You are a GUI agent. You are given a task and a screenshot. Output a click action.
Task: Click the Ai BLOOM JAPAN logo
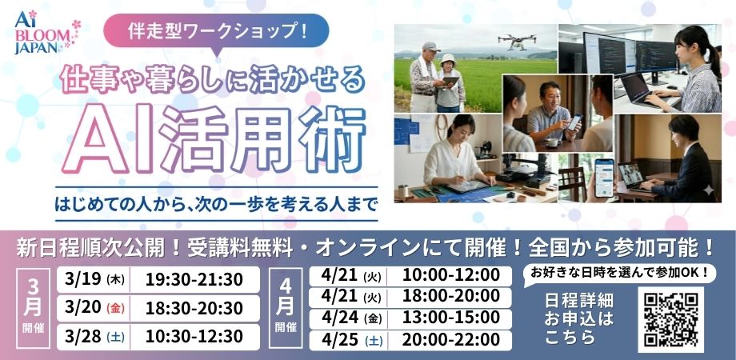pos(47,32)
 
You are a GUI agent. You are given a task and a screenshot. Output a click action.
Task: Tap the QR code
pos(670,320)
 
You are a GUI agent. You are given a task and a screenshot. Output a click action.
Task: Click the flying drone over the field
pos(518,42)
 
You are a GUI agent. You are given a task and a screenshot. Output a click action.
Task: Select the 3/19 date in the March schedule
pos(83,279)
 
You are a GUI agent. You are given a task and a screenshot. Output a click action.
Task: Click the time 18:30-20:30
pos(194,308)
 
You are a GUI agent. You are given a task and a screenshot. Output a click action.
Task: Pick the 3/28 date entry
pos(83,336)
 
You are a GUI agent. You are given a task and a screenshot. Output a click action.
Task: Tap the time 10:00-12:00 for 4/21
pos(450,275)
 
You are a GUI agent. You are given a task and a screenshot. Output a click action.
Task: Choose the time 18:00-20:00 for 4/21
pos(450,297)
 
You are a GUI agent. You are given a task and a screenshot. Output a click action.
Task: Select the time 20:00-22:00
pos(450,339)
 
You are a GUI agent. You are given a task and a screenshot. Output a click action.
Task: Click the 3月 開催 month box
pos(33,308)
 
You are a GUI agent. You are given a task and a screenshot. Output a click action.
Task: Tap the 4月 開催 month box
pos(286,307)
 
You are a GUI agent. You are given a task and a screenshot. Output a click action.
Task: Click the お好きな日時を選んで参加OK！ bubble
pos(619,272)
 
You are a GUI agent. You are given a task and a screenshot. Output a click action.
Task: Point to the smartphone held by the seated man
pos(574,122)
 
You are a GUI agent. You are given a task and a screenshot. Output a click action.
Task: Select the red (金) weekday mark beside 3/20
pos(115,309)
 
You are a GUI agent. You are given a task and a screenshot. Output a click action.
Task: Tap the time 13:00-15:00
pos(450,318)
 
